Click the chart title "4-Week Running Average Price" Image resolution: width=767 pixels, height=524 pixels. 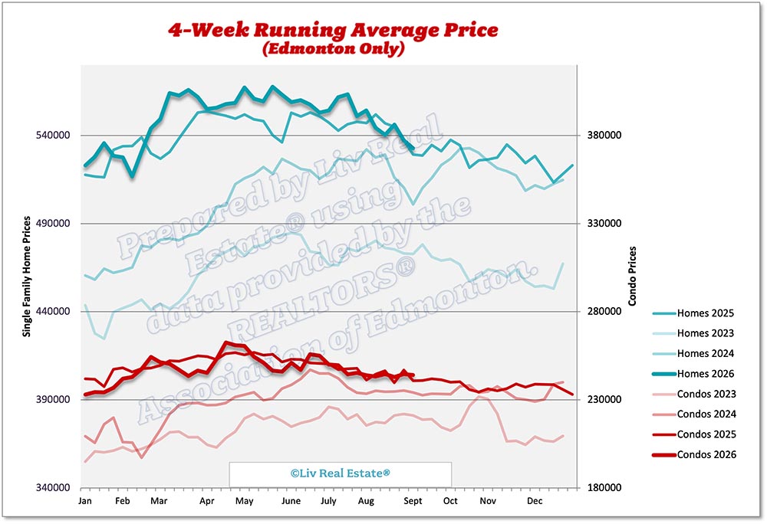point(333,30)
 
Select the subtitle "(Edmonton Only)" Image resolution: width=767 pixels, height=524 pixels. point(333,48)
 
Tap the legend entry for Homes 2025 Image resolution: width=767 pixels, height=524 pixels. point(693,313)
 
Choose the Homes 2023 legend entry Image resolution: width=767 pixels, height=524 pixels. point(693,333)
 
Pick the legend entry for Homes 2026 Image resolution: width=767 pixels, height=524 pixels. point(693,374)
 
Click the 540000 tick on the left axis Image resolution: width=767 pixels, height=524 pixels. point(53,135)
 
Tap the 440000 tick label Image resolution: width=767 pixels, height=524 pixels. point(53,311)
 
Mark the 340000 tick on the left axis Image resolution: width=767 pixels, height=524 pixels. point(53,487)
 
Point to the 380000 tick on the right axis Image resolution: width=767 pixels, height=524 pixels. point(604,135)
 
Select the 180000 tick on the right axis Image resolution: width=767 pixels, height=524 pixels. point(604,487)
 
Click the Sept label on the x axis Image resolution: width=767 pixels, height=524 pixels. point(413,501)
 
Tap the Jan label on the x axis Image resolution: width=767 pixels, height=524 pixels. point(84,501)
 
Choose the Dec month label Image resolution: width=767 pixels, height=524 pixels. point(535,501)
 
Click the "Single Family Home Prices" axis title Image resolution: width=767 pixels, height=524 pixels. point(26,277)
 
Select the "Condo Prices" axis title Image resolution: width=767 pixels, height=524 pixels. point(632,277)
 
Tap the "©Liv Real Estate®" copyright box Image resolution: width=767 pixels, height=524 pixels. point(341,473)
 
